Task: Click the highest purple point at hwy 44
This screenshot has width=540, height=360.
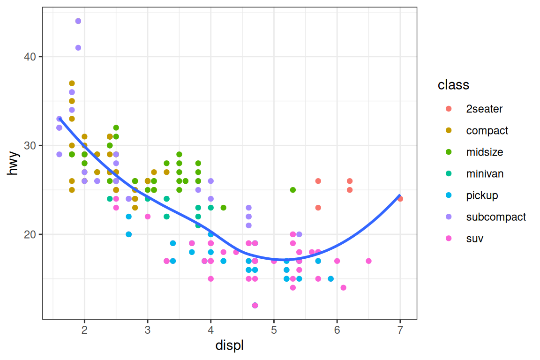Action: coord(78,21)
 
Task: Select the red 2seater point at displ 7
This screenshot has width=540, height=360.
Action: coord(400,199)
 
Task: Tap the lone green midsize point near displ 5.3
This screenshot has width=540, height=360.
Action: coord(293,190)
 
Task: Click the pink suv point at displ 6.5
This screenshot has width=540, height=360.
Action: coord(368,261)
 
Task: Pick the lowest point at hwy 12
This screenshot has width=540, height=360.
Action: coord(255,305)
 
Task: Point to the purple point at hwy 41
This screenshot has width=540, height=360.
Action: coord(78,48)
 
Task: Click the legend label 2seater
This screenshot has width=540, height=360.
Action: coord(484,109)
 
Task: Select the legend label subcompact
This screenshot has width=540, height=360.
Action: coord(495,217)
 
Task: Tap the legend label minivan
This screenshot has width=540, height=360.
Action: coord(485,174)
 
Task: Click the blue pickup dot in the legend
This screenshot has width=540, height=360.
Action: coord(449,195)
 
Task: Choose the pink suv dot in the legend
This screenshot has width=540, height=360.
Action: coord(449,239)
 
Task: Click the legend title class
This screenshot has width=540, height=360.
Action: coord(453,85)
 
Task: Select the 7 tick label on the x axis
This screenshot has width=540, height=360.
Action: coord(400,330)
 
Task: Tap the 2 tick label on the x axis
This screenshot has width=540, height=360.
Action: coord(84,330)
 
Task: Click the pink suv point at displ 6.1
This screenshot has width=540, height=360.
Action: coord(343,288)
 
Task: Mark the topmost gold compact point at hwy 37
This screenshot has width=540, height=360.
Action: coord(72,83)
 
